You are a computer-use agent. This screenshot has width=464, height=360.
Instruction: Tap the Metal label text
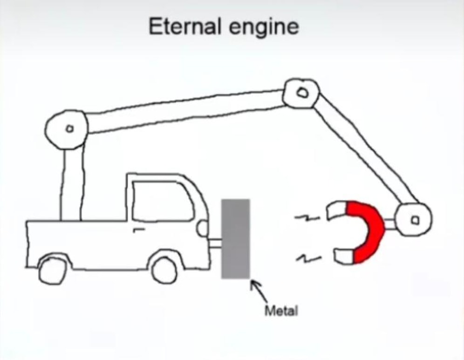click(x=281, y=311)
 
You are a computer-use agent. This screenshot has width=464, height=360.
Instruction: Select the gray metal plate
click(x=235, y=238)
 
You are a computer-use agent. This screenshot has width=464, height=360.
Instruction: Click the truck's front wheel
click(x=164, y=270)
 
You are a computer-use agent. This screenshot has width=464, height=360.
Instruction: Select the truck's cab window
click(x=161, y=201)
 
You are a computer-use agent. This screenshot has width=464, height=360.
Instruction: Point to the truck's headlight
click(x=203, y=228)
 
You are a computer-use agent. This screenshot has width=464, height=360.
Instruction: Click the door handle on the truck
click(x=138, y=229)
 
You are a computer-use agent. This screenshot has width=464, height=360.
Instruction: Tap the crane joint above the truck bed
click(x=67, y=127)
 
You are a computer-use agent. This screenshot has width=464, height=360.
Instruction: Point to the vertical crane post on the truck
click(x=72, y=182)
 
